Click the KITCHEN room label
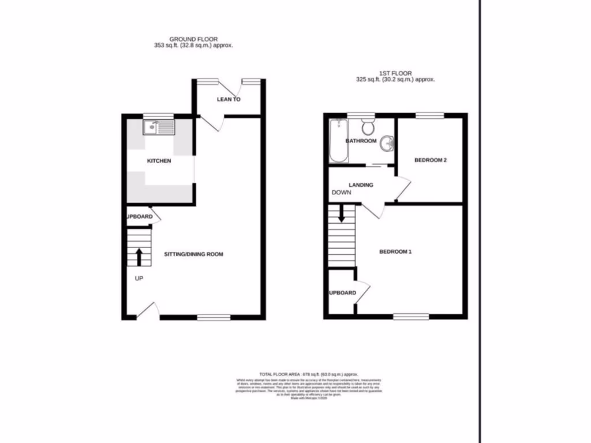(159, 161)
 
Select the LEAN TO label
(229, 100)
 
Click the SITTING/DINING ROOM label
(193, 254)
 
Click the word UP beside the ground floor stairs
(139, 279)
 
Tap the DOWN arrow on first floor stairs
(342, 215)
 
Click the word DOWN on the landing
(341, 193)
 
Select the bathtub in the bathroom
(336, 141)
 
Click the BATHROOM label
(361, 141)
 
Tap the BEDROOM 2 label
(431, 161)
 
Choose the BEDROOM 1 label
(395, 252)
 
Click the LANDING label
(361, 185)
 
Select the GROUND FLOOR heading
(193, 39)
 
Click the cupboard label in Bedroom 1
(342, 293)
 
